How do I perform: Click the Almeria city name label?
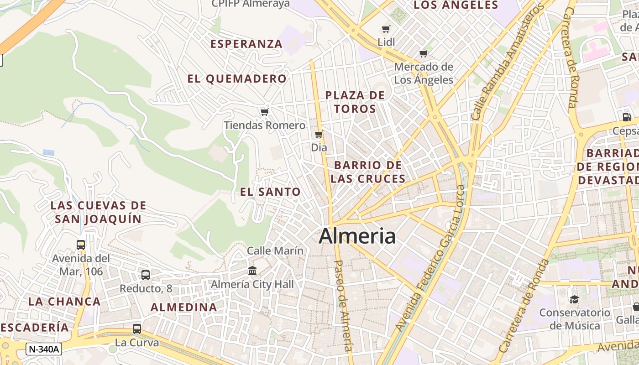[357, 236]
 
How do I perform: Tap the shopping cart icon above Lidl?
[386, 29]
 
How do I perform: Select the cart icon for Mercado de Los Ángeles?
[424, 53]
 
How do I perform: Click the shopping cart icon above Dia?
[319, 135]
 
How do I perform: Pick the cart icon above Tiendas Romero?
[264, 112]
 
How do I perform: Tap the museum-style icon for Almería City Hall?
[252, 271]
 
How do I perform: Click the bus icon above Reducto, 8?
[146, 275]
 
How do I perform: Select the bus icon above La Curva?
[136, 328]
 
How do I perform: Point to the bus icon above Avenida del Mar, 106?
[81, 245]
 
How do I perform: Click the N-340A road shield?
[44, 349]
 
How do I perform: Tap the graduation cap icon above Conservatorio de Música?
[574, 299]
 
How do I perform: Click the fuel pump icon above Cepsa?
[627, 117]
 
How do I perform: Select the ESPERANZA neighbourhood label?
[246, 44]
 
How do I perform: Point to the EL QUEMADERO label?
[237, 79]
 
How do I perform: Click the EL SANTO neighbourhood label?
[270, 192]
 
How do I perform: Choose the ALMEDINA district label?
[184, 308]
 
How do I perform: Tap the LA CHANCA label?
[64, 302]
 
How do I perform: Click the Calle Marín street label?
[275, 250]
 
